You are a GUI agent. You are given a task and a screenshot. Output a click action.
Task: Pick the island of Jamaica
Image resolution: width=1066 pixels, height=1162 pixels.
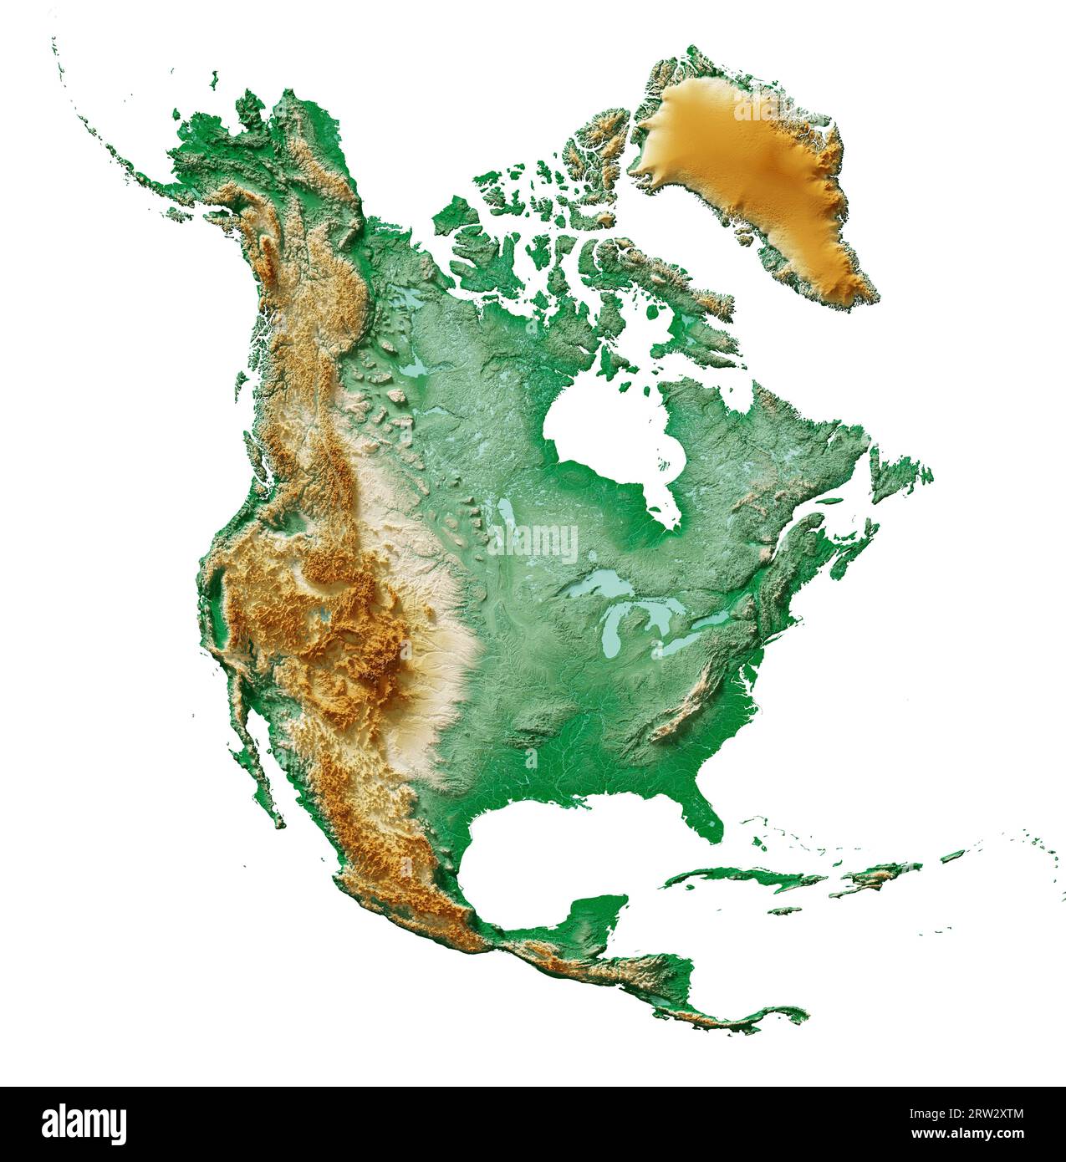(x=787, y=910)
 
